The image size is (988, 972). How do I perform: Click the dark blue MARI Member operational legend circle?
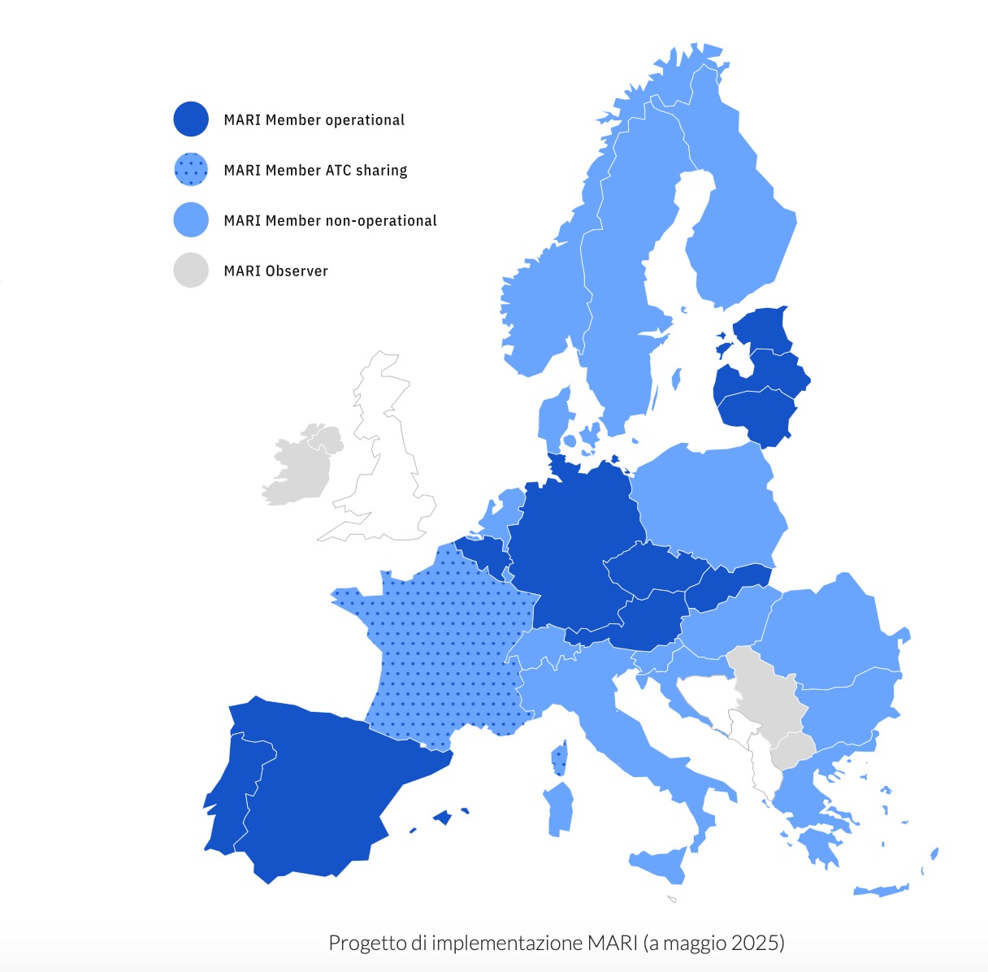[191, 119]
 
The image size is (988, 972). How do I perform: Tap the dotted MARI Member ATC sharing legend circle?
[191, 170]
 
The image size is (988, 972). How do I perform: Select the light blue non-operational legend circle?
[191, 220]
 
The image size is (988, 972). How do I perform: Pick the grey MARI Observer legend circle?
[191, 271]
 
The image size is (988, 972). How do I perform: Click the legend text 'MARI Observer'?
[275, 271]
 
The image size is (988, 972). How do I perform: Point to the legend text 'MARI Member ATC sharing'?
[315, 171]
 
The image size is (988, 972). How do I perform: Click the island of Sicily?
[662, 863]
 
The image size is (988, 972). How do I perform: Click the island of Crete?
[882, 890]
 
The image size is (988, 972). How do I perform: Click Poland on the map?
[707, 500]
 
